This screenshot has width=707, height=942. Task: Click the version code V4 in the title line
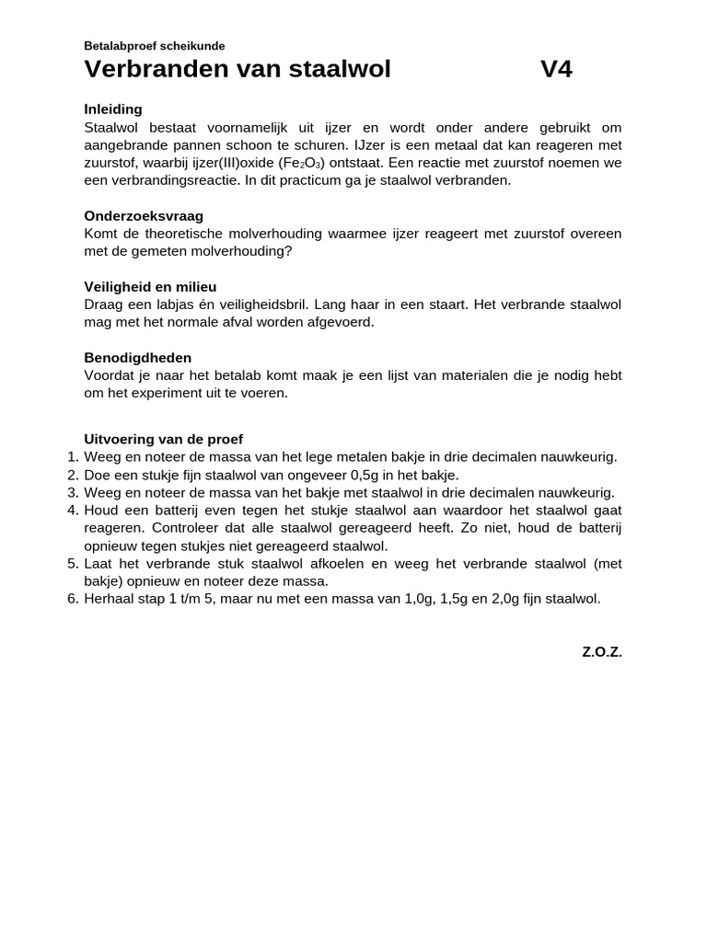point(556,69)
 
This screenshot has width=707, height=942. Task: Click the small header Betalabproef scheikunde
point(154,45)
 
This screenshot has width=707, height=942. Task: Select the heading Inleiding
point(113,109)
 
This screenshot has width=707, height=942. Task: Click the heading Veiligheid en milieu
point(150,286)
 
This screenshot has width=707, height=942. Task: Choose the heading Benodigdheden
point(137,357)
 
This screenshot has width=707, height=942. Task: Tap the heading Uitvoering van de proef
point(163,439)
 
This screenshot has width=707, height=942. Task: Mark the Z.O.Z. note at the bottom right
point(601,651)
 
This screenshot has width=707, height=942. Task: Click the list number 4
point(73,510)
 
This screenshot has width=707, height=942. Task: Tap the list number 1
point(73,457)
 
